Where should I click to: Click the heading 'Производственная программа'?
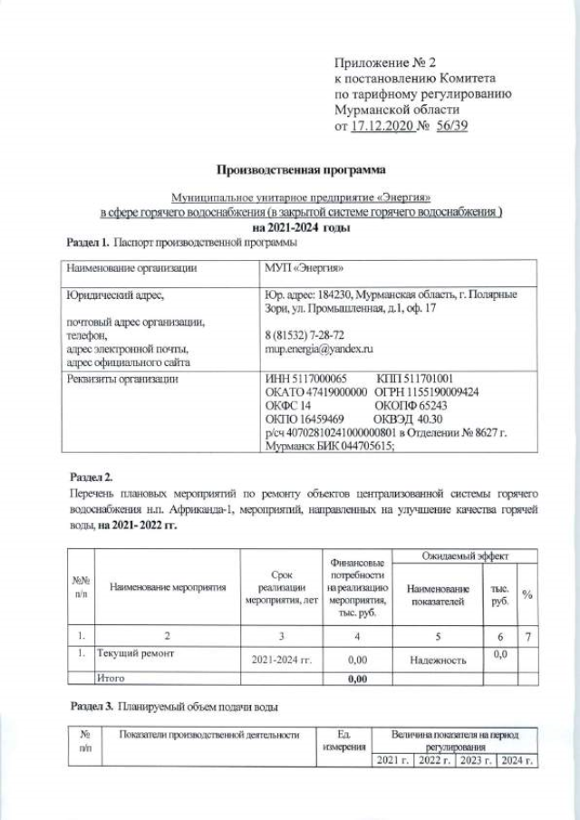point(300,169)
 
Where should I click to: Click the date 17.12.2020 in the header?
point(382,127)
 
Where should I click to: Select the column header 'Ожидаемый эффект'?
point(466,555)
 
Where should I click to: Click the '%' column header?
point(527,594)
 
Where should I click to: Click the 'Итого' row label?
point(112,678)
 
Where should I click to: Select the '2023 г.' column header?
point(477,759)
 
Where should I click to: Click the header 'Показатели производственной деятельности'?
point(209,735)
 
